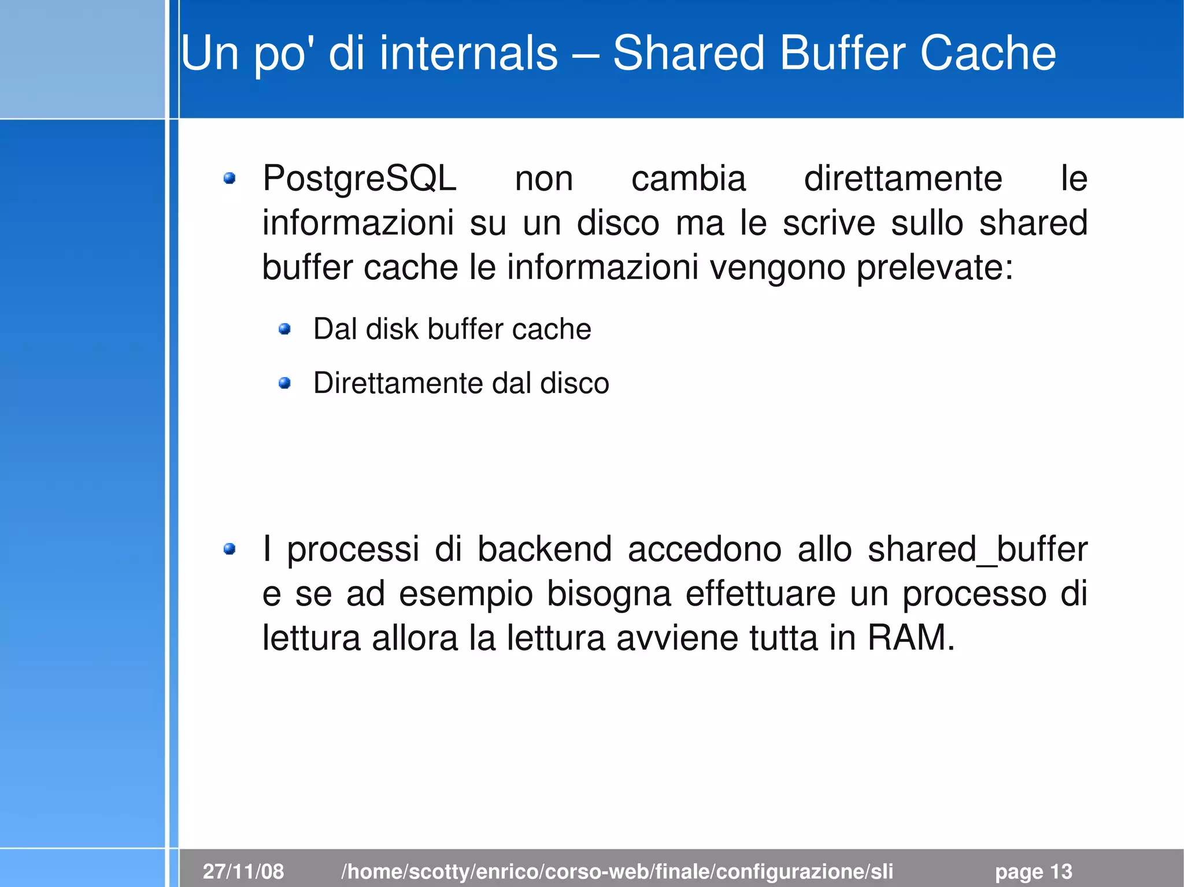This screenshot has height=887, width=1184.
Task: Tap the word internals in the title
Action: [x=468, y=53]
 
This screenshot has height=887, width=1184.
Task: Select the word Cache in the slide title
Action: [x=987, y=53]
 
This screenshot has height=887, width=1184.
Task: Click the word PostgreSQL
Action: [x=359, y=179]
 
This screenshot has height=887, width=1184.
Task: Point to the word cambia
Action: [x=688, y=179]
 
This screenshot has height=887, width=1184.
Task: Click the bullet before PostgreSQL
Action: [x=230, y=179]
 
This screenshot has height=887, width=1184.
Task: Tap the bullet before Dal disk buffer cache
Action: [x=284, y=329]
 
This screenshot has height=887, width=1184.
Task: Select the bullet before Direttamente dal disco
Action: [x=284, y=383]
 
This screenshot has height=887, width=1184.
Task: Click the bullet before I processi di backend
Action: [x=230, y=549]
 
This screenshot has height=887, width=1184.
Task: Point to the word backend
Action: [x=544, y=550]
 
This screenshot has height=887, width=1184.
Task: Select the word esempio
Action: [x=465, y=595]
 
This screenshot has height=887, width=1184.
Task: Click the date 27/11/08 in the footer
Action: [x=243, y=871]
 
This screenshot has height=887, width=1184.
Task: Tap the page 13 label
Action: [x=1033, y=871]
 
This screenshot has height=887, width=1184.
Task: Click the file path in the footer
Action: [x=617, y=871]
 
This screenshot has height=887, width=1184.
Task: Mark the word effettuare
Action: [x=760, y=594]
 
